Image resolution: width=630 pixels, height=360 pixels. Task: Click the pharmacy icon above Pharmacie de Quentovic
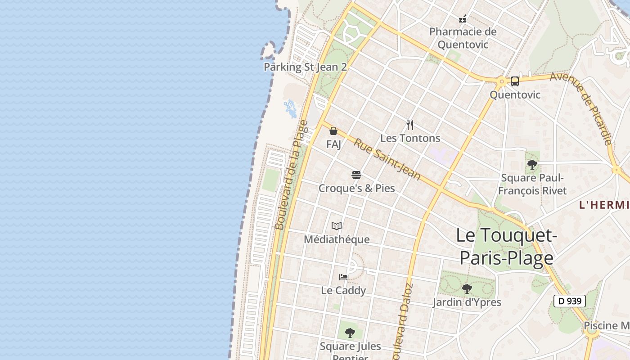point(462,19)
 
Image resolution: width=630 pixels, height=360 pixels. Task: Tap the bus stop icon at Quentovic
point(515,81)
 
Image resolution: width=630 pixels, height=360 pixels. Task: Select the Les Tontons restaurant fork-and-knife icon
point(410,125)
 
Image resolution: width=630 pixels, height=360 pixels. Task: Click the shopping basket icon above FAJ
point(333,131)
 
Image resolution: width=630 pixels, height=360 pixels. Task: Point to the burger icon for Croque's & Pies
point(356,175)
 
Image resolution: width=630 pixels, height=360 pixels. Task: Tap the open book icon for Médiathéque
point(337,226)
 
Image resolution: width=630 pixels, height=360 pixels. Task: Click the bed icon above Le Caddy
point(343,277)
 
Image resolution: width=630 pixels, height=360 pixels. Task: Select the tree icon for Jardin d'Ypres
point(467,288)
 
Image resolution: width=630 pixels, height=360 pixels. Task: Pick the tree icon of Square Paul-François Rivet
point(532,164)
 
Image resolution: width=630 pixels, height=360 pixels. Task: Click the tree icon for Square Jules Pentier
point(350,333)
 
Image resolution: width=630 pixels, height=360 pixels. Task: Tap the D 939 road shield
point(569,301)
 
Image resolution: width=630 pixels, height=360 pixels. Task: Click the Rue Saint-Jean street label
point(387,159)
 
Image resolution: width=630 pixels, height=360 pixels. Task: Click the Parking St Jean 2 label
point(306,67)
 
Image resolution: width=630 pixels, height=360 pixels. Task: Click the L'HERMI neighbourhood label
point(604,205)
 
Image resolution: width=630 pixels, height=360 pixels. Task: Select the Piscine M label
point(606,325)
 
